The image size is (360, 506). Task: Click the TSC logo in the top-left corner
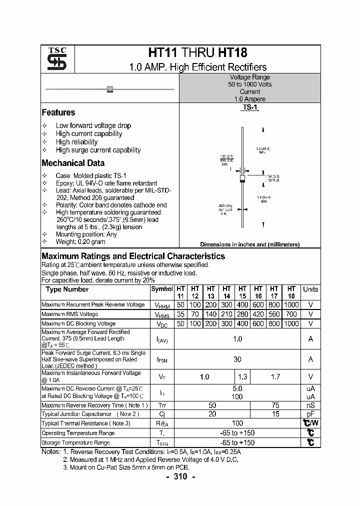53,59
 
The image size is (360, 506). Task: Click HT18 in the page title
232,53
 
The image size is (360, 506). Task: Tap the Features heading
58,112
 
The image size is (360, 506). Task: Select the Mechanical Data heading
73,163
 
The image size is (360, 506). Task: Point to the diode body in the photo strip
110,89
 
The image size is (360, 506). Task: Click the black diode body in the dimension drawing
242,178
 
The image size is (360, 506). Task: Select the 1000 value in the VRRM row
291,304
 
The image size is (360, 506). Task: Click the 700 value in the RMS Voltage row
291,314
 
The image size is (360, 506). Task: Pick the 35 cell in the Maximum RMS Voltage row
180,314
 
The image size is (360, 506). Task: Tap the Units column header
310,289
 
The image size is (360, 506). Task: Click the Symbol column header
161,289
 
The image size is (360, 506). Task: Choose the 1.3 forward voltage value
242,377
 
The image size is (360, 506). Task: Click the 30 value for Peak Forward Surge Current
237,359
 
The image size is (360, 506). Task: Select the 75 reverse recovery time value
275,405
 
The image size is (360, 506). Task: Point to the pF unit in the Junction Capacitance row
310,414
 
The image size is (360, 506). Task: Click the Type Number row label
67,289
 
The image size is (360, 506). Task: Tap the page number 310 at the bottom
180,477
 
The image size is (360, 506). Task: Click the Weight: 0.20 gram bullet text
80,242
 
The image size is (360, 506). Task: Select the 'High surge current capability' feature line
98,150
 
